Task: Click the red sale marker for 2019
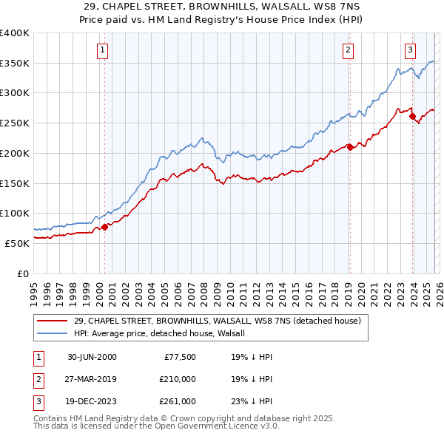350,147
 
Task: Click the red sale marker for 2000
104,227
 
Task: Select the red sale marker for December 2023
412,115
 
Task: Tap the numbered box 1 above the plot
101,50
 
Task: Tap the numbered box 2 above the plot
347,50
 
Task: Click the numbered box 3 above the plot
409,50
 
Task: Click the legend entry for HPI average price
164,333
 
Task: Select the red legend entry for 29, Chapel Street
217,321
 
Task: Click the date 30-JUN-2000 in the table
92,357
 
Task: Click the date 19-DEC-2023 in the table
92,401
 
